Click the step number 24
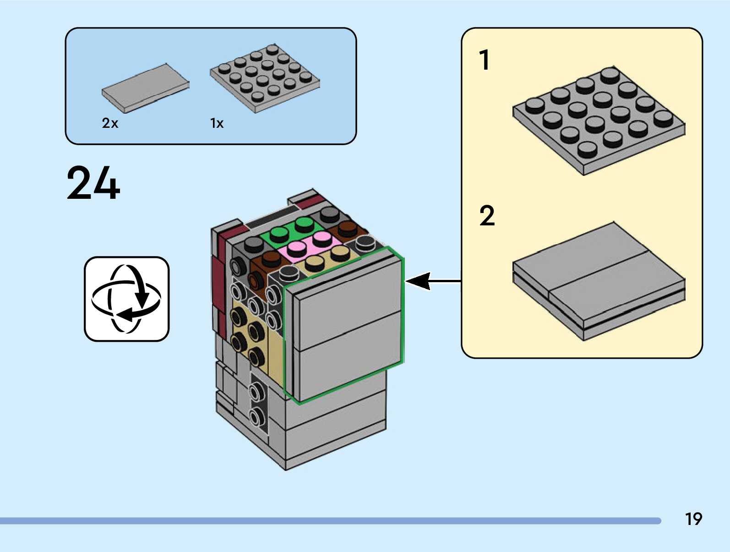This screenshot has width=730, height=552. (93, 183)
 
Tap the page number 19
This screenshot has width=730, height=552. (693, 519)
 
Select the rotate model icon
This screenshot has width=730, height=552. (126, 299)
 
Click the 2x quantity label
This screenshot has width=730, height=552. (110, 123)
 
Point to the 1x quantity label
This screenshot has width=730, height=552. (217, 123)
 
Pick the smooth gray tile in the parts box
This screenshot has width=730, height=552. (145, 87)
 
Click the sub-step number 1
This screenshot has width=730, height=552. (484, 60)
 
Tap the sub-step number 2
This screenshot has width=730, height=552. (487, 216)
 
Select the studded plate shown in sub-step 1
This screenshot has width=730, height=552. (599, 120)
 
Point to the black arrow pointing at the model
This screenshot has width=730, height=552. (433, 281)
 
